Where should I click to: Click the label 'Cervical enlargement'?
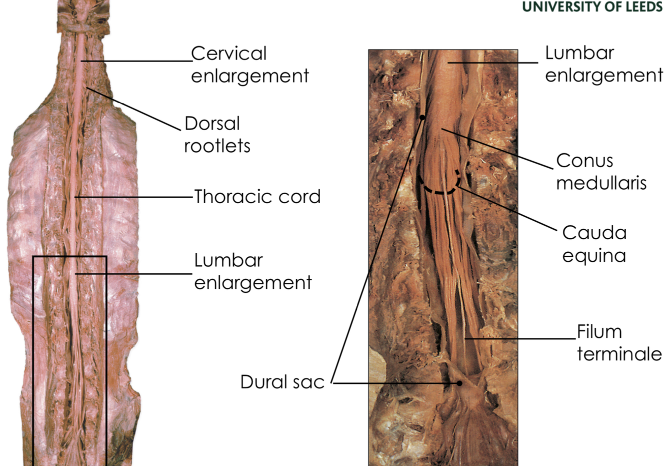(249, 65)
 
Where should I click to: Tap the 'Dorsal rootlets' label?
(216, 134)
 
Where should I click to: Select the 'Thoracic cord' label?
(257, 197)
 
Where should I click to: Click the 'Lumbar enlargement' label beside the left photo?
(252, 271)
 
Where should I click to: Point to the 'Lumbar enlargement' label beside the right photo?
(603, 64)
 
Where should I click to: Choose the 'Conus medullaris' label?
(601, 172)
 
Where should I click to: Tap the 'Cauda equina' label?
(594, 244)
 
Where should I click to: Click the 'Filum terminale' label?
(619, 342)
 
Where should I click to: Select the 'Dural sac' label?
(282, 382)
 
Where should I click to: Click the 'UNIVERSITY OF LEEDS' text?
(592, 7)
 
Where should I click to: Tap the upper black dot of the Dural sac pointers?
(422, 118)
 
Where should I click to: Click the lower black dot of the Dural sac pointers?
(459, 383)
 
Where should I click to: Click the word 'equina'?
(594, 255)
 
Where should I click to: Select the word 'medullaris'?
(601, 183)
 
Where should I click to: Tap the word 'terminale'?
(619, 354)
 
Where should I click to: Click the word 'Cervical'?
(228, 53)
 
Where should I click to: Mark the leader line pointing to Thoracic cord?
(135, 197)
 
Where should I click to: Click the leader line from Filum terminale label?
(520, 339)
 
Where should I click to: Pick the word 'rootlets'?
(216, 146)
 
